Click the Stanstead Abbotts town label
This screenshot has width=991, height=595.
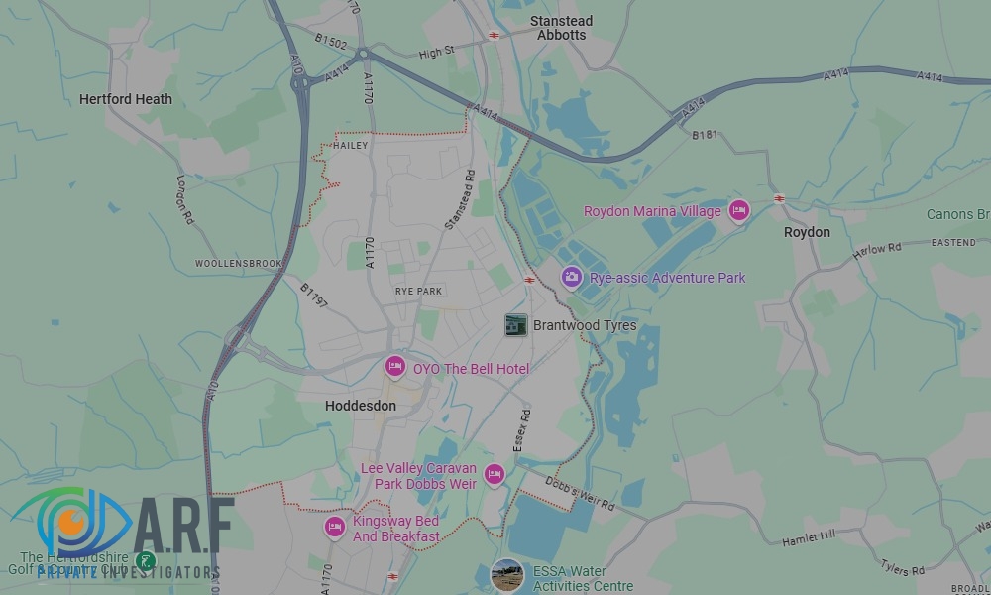pos(561,28)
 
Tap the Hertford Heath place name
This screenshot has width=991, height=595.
pos(126,99)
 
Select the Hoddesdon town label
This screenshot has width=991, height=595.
pos(361,406)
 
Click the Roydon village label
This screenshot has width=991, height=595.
pos(807,232)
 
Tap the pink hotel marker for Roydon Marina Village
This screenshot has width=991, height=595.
pos(738,210)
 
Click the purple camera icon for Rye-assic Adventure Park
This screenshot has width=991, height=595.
pos(571,278)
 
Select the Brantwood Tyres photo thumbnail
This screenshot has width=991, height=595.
pos(515,325)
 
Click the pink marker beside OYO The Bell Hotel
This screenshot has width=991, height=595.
pos(395,368)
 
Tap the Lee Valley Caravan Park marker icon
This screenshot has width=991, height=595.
pos(494,475)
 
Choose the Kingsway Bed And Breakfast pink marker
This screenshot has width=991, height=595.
pos(335,527)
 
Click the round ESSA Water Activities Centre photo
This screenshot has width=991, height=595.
pos(507,576)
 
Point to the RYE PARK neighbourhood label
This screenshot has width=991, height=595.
pos(418,291)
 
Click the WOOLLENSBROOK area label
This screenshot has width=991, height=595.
pos(238,264)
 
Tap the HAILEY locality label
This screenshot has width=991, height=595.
pos(352,146)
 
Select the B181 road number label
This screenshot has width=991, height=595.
pos(705,135)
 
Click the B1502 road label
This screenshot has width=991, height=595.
pos(331,43)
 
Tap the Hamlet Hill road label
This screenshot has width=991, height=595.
pos(809,535)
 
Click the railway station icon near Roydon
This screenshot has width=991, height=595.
pos(779,198)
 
